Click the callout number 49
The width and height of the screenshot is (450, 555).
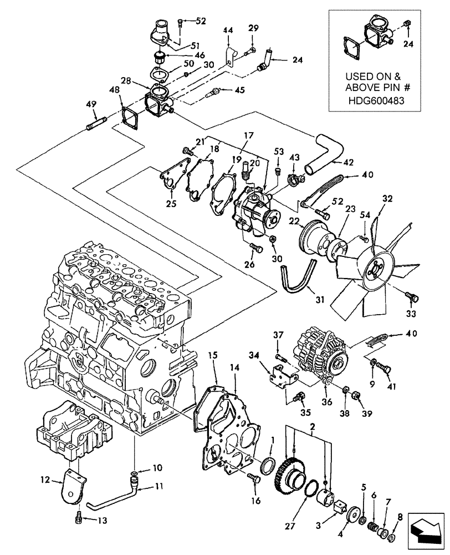(90, 104)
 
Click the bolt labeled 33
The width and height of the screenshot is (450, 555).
(411, 297)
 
